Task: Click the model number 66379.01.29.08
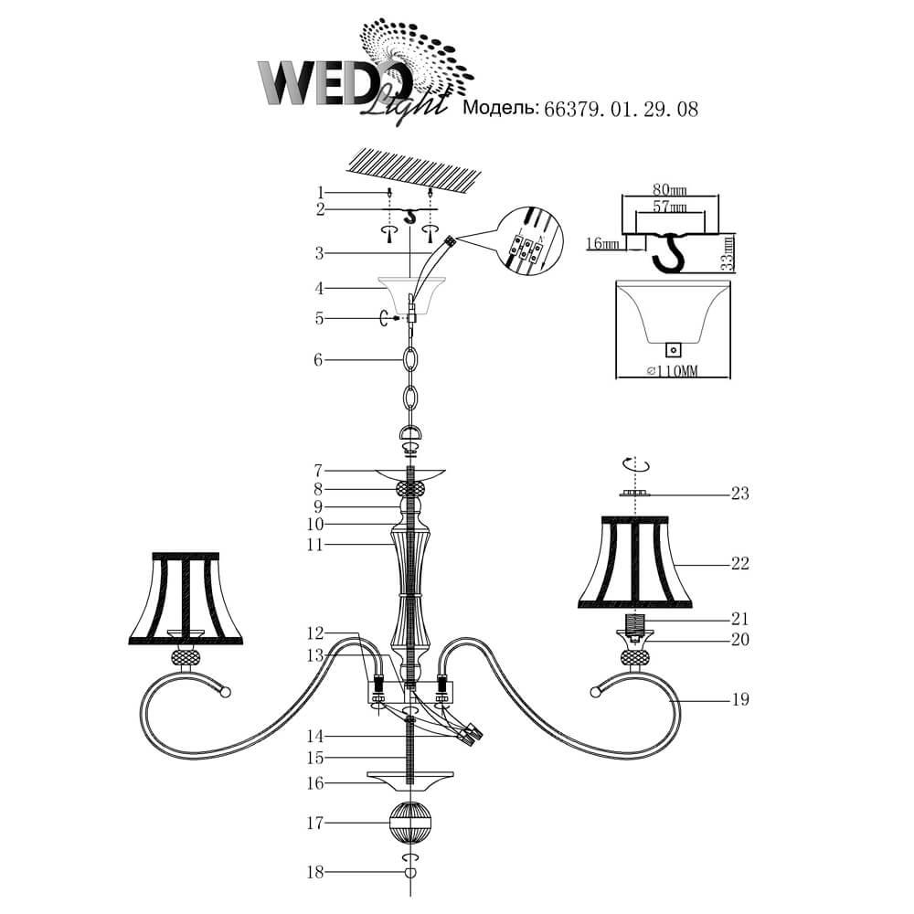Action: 621,110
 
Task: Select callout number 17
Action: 314,824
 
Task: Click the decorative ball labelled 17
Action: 410,824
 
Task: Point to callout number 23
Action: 739,494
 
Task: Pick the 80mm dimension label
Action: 669,189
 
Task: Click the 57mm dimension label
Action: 669,207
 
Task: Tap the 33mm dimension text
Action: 727,253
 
